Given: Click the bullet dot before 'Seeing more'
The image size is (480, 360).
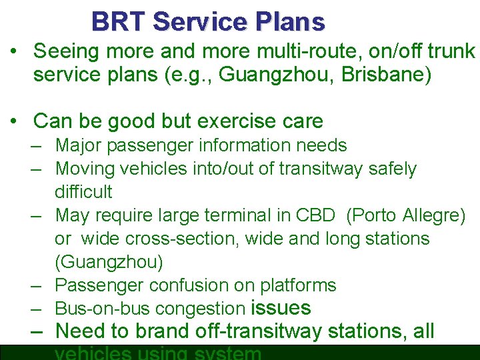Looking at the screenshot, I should point(14,51).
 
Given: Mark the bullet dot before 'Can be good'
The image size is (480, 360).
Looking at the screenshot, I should point(14,121).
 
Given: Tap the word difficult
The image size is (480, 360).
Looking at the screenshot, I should point(83,192).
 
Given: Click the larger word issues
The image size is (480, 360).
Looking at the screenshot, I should point(281,308).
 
